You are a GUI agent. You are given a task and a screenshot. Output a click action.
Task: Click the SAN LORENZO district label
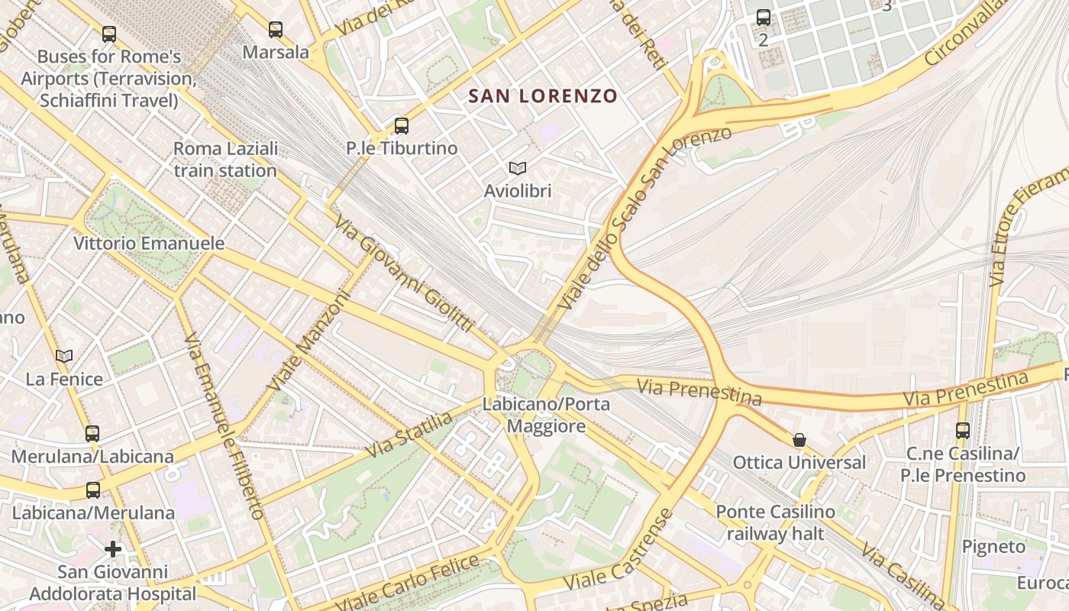542,96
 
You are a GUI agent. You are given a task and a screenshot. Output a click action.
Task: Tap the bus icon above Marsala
276,30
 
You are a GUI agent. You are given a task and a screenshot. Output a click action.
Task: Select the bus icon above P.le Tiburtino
402,126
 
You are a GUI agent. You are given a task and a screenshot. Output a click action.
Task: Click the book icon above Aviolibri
518,168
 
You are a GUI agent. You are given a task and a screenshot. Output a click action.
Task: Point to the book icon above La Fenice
64,356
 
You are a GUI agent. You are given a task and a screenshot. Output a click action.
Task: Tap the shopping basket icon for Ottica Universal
799,440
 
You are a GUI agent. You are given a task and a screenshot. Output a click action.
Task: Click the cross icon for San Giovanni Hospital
113,549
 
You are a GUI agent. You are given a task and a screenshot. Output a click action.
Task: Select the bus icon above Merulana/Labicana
92,434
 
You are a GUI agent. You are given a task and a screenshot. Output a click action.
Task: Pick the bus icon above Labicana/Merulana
93,490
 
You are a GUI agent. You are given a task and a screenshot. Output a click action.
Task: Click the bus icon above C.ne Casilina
963,431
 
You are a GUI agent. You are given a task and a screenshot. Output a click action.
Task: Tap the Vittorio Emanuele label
149,244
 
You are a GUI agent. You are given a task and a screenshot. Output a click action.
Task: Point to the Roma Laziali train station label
225,160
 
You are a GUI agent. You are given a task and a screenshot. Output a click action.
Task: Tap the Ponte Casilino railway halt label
775,522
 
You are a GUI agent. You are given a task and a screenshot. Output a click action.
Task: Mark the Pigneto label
993,547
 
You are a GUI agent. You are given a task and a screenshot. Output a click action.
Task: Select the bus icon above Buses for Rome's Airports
109,34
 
